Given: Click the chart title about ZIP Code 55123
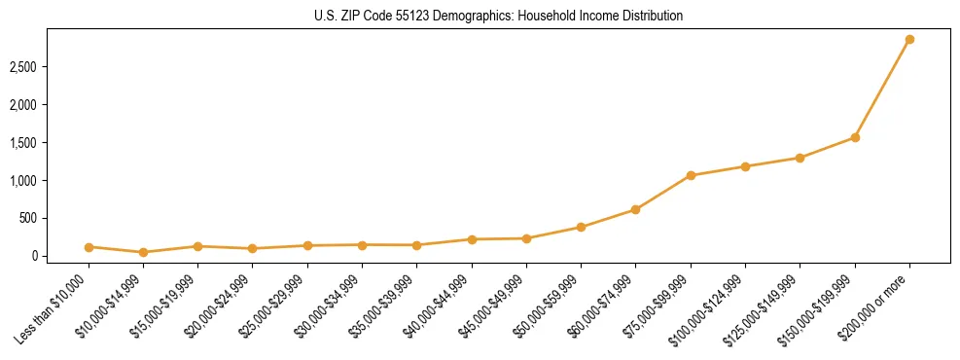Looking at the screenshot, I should coord(499,16).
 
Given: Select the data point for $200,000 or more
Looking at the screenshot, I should coord(909,40).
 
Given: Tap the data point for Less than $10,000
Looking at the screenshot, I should coord(89,247).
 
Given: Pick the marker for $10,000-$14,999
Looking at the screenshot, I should coord(143,252).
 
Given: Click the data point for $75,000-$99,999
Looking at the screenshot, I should coord(691,176).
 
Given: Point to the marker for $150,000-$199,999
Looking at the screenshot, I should coord(855,137).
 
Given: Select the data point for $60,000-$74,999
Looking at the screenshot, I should coord(635,209).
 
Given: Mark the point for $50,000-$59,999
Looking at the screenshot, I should coord(581,228).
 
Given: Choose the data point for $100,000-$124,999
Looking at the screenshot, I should coord(745,166).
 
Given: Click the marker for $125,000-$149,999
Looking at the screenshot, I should coord(800,158).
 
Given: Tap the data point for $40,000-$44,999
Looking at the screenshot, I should coord(472,239).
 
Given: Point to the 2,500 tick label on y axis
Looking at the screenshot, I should coord(51,67).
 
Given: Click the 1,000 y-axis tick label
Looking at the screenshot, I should coord(51,181).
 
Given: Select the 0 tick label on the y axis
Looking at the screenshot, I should coord(60,256).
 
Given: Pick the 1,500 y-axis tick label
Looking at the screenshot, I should coord(51,143).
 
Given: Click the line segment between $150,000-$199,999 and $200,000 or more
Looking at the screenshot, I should coord(882,89).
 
